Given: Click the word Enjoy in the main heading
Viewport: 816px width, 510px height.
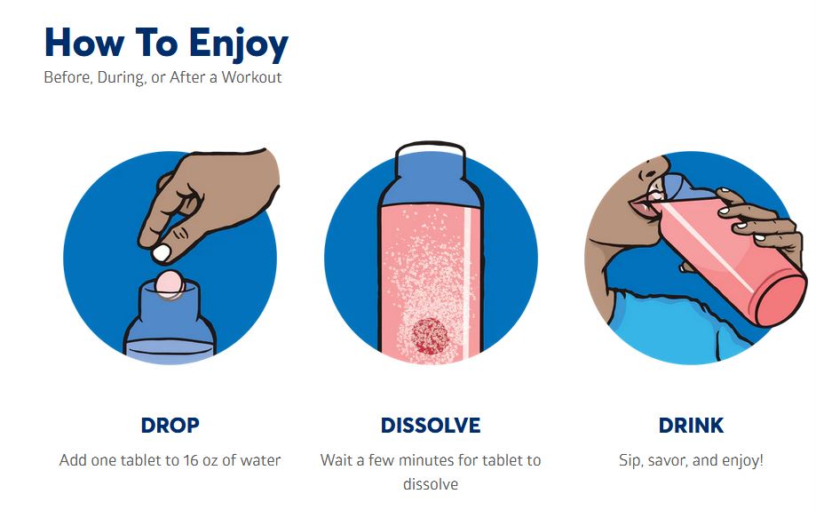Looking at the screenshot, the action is (238, 44).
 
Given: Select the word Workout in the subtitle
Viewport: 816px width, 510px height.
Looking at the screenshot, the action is (252, 77).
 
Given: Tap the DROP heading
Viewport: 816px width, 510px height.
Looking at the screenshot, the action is (170, 425).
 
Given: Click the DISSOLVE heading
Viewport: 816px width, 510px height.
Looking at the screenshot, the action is (431, 425).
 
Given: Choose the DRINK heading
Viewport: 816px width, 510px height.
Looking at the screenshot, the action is (691, 425).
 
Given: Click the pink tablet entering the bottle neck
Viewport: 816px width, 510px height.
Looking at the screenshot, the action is (169, 284).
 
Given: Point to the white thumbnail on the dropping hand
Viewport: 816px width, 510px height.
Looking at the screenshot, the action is (162, 253).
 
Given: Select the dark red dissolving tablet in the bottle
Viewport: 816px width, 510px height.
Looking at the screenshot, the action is (430, 337).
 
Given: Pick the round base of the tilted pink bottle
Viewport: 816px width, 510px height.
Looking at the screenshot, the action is (781, 301).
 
